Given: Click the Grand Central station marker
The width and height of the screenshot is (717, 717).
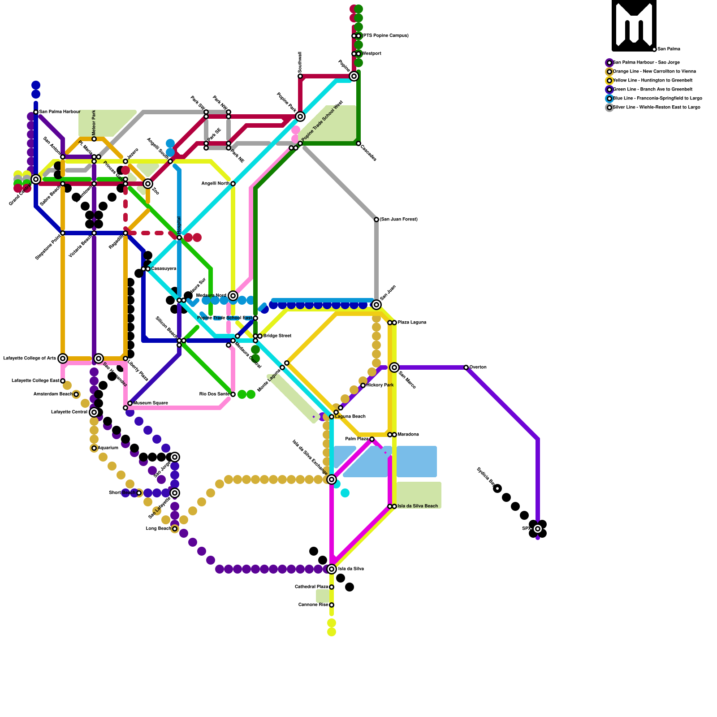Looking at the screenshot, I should (36, 179).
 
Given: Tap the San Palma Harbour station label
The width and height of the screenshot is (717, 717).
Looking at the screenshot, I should (59, 112).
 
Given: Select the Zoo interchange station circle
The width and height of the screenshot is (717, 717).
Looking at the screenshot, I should (148, 184).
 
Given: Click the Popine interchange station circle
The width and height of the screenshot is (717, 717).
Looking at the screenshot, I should (354, 76).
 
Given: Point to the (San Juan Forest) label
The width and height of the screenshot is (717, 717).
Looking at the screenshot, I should (398, 220).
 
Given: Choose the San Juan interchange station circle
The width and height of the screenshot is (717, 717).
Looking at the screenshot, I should (376, 305).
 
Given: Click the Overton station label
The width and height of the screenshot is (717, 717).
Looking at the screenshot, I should (478, 367).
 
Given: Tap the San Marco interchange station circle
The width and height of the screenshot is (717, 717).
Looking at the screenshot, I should (394, 367).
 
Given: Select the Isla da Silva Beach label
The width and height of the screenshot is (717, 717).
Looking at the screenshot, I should (418, 506).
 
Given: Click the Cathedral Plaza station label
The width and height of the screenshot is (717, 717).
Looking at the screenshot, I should (311, 587).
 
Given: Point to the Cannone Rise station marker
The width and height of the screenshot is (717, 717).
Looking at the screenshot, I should (332, 605).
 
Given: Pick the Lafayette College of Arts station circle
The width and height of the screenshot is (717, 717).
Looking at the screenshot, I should (63, 358).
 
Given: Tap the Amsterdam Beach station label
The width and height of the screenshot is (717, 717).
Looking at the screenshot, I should (53, 394).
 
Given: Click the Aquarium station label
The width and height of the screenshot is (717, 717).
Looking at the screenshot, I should (108, 448).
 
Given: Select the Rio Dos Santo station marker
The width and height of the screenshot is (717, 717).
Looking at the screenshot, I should (233, 394).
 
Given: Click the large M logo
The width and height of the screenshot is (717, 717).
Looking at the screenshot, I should (634, 26).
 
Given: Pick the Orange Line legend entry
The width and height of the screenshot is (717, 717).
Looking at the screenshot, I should (654, 72).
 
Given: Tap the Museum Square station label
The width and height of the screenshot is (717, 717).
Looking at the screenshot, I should (151, 403).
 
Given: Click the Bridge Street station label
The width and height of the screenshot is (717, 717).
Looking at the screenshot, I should (277, 336).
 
